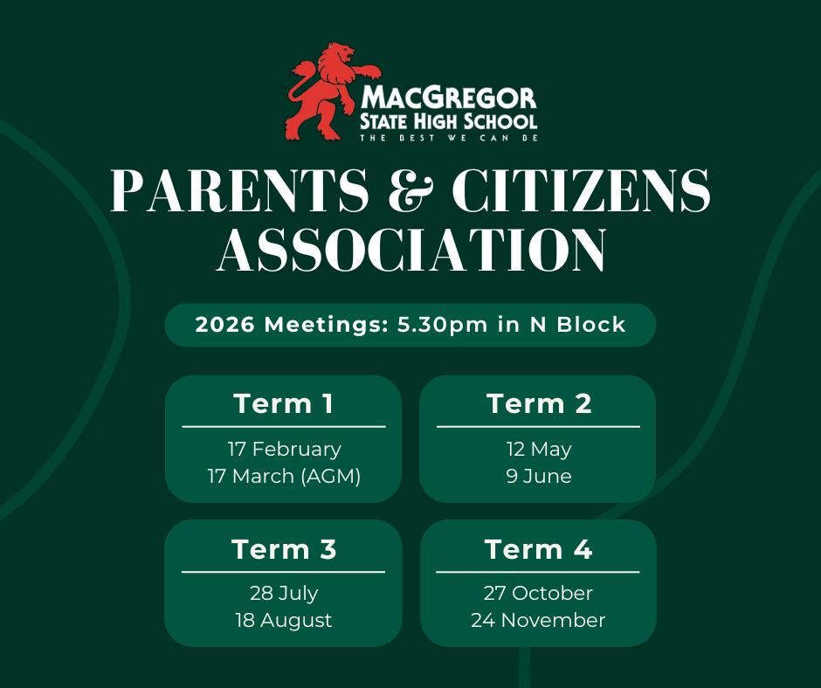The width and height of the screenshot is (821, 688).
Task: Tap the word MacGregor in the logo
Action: [x=449, y=96]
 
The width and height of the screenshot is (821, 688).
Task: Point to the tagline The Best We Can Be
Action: [x=449, y=137]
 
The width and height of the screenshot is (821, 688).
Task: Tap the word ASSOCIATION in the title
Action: [x=410, y=250]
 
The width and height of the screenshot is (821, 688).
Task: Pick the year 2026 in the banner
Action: [x=226, y=325]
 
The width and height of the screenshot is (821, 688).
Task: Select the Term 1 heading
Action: [x=284, y=404]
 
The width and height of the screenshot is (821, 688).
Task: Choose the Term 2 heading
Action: [x=538, y=404]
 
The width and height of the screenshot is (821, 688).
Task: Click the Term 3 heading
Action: [x=284, y=549]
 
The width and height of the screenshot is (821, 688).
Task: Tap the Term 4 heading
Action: [x=538, y=549]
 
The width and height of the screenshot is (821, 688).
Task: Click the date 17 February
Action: [x=284, y=449]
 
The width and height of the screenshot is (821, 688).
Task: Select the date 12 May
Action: [x=538, y=449]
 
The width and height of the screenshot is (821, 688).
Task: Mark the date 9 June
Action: [x=538, y=477]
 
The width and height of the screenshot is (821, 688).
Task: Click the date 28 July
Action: [x=284, y=594]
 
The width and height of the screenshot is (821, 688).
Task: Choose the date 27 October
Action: [x=538, y=594]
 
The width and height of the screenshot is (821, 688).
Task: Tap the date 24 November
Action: [x=538, y=621]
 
